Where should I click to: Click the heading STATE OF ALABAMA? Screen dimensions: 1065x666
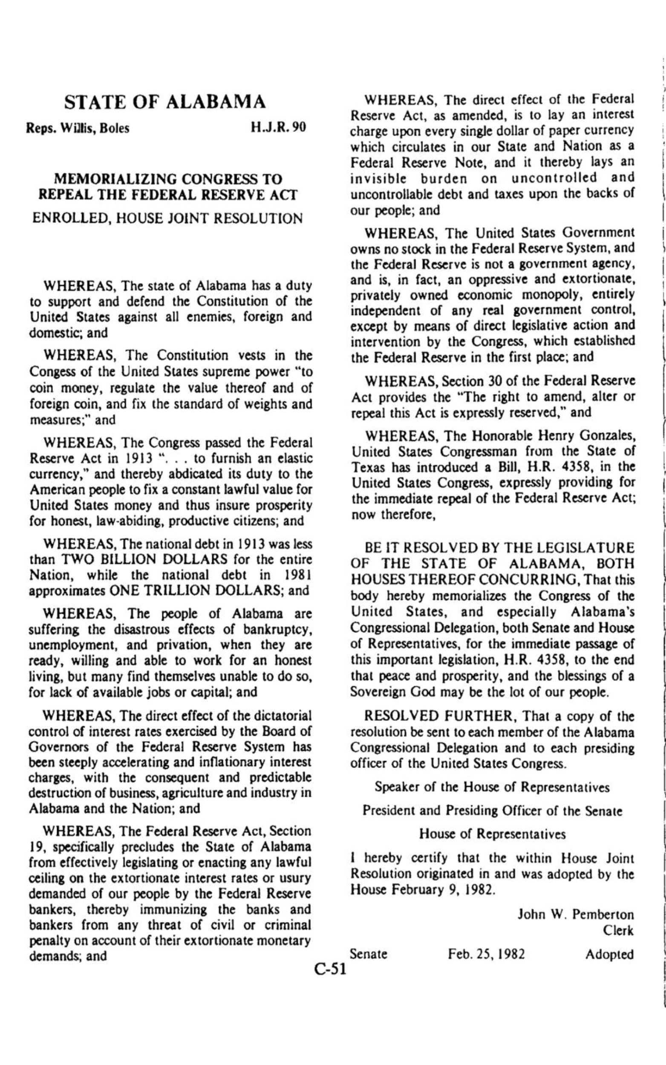click(165, 102)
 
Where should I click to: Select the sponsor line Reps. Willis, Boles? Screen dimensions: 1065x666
click(79, 128)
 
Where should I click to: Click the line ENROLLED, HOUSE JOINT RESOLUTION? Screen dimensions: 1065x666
click(168, 219)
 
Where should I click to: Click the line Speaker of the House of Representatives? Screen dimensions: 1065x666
click(492, 787)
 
